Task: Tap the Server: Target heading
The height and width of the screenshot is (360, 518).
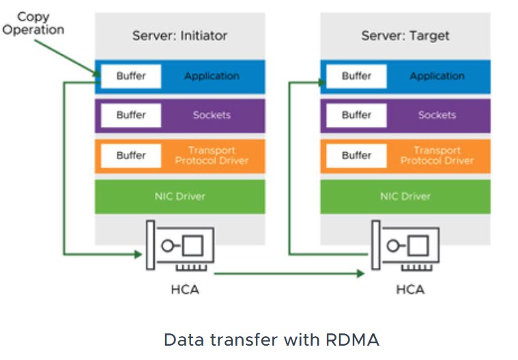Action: click(405, 36)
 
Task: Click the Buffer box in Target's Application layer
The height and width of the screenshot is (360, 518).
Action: click(356, 77)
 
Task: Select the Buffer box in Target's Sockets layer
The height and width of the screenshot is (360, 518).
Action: click(356, 115)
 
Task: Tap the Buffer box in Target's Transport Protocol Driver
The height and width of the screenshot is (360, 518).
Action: click(356, 155)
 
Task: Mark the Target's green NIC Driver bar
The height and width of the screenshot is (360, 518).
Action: click(405, 196)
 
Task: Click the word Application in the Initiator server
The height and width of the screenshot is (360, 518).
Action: click(212, 77)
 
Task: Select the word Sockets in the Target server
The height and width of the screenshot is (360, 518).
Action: click(437, 115)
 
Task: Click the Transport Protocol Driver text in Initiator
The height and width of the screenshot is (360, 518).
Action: click(212, 155)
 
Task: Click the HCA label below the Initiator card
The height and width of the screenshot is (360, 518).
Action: click(184, 290)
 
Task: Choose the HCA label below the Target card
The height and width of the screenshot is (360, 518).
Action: click(409, 290)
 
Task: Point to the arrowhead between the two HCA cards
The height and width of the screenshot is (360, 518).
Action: click(360, 274)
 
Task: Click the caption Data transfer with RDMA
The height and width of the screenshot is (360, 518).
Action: click(271, 339)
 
